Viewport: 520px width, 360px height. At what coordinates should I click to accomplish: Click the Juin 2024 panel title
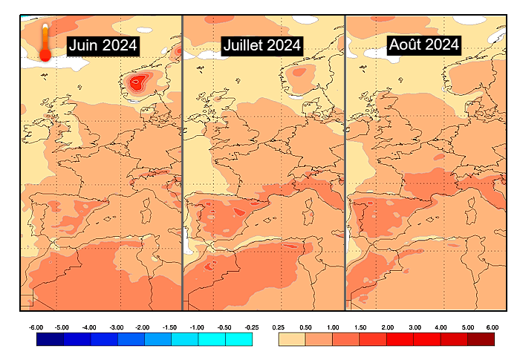103,45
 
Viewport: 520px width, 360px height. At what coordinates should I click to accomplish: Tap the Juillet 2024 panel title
261,45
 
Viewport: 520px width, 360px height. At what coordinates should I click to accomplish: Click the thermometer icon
45,42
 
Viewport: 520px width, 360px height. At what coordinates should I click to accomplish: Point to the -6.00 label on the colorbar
36,327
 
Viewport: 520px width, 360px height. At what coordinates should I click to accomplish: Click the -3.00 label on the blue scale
117,327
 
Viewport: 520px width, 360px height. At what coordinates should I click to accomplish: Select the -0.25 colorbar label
251,327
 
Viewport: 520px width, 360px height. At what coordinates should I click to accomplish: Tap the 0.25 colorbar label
279,327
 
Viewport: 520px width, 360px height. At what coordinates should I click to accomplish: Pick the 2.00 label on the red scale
387,327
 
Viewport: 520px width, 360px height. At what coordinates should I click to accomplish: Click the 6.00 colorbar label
492,327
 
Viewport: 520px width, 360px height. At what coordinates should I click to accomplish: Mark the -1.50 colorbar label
171,327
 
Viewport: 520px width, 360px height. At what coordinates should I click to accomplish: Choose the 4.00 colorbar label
441,327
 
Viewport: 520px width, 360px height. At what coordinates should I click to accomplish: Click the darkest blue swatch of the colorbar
50,339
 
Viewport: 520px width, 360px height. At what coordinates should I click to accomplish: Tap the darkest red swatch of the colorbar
481,339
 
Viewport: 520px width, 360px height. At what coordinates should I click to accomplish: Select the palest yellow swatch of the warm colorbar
292,339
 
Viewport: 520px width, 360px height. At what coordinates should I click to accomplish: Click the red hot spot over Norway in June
136,82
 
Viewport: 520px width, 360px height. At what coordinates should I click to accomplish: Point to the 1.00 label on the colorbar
333,327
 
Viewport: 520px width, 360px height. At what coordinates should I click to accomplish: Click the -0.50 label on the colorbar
224,327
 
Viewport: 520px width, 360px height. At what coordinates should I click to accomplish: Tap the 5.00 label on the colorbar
467,327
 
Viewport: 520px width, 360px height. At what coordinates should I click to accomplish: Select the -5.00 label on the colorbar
63,327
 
